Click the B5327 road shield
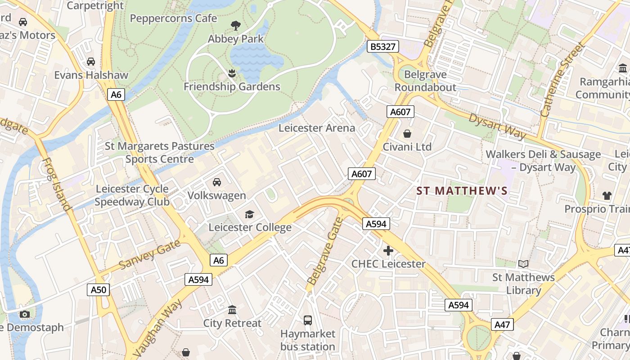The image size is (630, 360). coord(383,46)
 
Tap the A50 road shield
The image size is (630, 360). coord(99,289)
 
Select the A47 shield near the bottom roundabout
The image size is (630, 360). coord(504,324)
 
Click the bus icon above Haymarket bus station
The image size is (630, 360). coord(308,320)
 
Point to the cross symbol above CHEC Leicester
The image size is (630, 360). coord(388,251)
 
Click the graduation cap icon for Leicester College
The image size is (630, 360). coord(249,214)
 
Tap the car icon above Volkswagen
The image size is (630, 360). coord(217,182)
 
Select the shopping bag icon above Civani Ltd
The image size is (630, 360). coord(407,134)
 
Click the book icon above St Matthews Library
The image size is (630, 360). coord(523,264)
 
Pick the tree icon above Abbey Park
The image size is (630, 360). coord(235,25)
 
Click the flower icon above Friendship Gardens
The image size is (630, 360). coord(232,73)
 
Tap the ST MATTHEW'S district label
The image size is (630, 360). coord(462,191)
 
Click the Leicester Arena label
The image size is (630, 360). coord(317,128)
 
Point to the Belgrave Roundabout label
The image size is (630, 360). coord(425,81)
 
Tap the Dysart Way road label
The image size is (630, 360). coord(497,126)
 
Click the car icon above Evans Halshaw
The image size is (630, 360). coord(91,61)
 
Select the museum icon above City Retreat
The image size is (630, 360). coord(232,310)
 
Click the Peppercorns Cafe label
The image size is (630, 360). coord(173,18)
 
